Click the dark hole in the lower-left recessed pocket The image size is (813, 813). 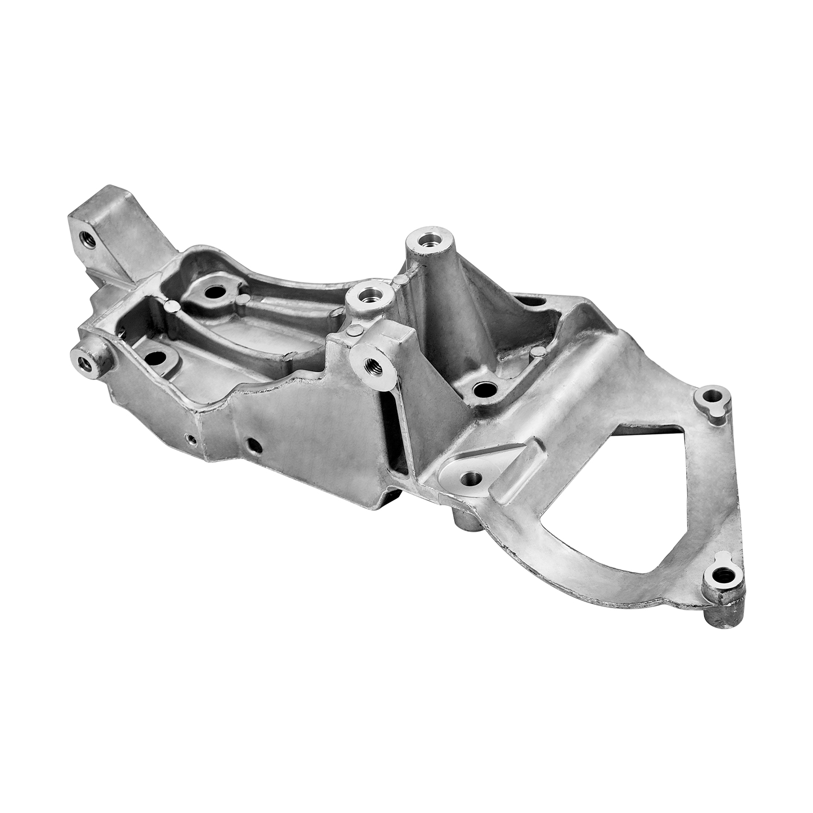click(x=156, y=358)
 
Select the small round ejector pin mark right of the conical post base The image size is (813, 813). click(x=537, y=352)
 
